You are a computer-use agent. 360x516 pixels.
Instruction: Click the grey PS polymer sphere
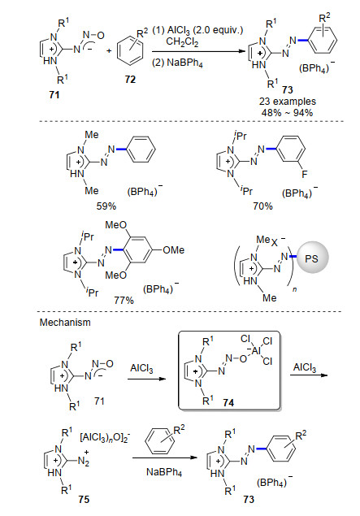coord(312,258)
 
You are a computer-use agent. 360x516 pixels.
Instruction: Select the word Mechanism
coord(65,322)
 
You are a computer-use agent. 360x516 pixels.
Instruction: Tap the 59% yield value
coord(106,206)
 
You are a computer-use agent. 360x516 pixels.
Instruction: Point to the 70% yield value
coord(263,206)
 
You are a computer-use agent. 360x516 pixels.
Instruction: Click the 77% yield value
coord(124,300)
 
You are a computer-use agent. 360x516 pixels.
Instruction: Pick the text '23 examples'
coord(288,102)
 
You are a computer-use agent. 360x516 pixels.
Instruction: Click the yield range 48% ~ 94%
coord(288,113)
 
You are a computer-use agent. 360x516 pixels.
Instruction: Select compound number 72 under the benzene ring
coord(130,80)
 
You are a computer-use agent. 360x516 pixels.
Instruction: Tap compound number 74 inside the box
coord(228,402)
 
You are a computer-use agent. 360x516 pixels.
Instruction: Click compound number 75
coord(84,500)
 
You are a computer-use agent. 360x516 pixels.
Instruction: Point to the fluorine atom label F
coord(305,174)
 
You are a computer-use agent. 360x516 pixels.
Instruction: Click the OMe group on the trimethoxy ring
coord(174,250)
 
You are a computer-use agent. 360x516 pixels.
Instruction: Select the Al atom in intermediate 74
coord(256,351)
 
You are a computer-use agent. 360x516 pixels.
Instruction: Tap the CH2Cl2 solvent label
coord(182,41)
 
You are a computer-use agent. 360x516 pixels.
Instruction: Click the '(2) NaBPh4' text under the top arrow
coord(177,63)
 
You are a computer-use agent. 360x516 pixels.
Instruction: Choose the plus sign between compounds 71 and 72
coord(109,51)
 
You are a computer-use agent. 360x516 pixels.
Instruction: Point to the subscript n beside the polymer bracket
coord(294,290)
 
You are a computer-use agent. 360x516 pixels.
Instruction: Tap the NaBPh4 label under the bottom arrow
coord(164,473)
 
